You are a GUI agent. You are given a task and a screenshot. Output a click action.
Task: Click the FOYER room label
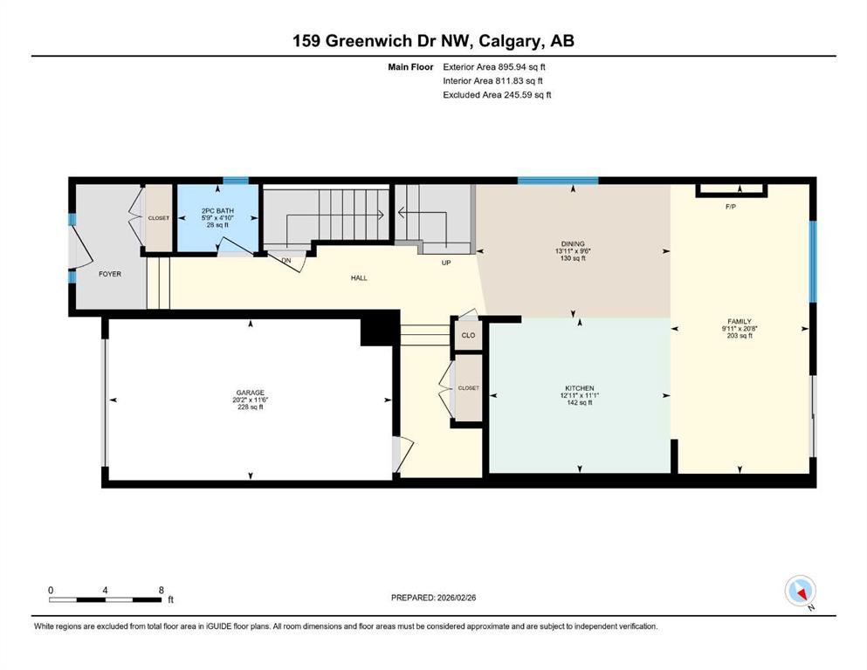click(x=109, y=274)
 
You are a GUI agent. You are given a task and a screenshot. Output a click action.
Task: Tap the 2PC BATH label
click(x=217, y=211)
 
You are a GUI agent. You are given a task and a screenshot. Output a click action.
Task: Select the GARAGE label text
click(x=251, y=393)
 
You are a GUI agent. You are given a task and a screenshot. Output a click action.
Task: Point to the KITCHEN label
click(x=580, y=388)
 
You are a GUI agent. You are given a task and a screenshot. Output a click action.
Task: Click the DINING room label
click(x=573, y=243)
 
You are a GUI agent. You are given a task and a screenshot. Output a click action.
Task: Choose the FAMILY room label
click(x=740, y=321)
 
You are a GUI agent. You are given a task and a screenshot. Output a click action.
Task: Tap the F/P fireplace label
click(x=731, y=207)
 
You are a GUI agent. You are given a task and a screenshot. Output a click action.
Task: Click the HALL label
click(x=359, y=277)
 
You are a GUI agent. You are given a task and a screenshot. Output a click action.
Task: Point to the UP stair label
click(x=446, y=263)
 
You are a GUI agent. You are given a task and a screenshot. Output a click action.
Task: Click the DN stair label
click(x=286, y=261)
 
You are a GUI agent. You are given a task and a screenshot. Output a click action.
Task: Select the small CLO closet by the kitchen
click(x=468, y=335)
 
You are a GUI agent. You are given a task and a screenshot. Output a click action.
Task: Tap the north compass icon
click(x=800, y=591)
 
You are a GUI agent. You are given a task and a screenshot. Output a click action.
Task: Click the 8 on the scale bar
click(x=161, y=590)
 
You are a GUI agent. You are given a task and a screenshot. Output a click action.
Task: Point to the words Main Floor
click(x=410, y=67)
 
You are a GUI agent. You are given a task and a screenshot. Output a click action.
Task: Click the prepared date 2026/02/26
click(x=457, y=598)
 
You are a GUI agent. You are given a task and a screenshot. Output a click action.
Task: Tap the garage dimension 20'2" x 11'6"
click(x=251, y=400)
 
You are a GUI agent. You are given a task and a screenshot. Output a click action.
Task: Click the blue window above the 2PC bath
click(x=236, y=180)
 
